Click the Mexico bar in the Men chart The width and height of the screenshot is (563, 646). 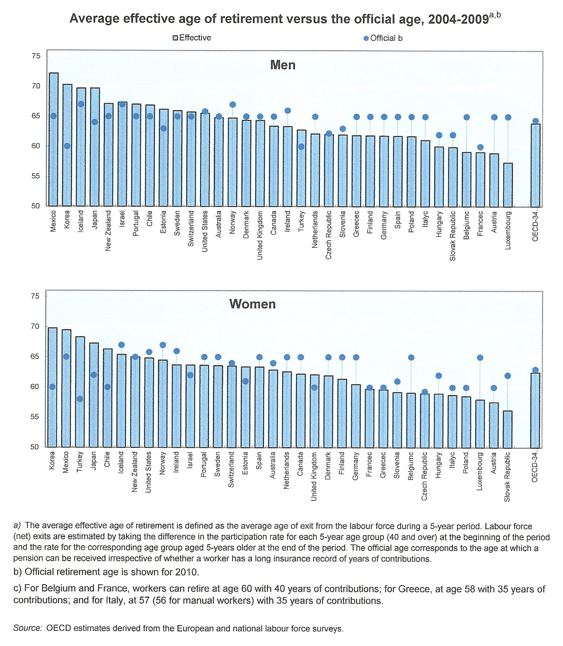[x=53, y=142]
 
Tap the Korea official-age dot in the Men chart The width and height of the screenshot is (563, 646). [x=67, y=146]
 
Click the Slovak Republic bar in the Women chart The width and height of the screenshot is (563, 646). [x=508, y=429]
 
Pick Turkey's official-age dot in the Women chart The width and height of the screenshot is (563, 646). [x=79, y=399]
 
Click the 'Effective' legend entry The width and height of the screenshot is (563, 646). [x=192, y=38]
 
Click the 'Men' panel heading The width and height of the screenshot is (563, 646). [x=283, y=65]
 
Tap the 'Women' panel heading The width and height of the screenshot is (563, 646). [x=252, y=304]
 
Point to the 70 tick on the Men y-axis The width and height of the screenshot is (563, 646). [x=36, y=86]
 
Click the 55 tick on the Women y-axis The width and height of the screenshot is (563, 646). [x=35, y=417]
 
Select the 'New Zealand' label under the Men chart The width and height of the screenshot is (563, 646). [x=108, y=230]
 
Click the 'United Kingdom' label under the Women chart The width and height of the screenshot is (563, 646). [x=314, y=476]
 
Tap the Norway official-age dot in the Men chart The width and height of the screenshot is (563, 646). [x=232, y=105]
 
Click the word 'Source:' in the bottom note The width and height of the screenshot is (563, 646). [x=28, y=628]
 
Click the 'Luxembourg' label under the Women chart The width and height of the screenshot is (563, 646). [x=480, y=471]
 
